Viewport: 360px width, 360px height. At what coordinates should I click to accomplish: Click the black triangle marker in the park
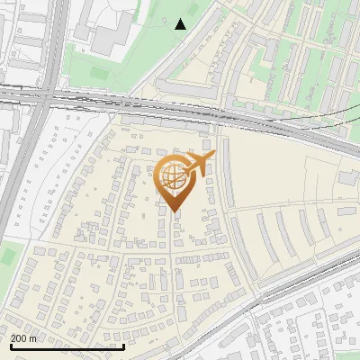point(181,24)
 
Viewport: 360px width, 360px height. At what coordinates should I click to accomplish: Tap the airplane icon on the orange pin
point(200,162)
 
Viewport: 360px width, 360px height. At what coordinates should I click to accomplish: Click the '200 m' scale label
point(24,338)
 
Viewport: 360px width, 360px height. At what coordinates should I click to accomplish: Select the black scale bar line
point(67,346)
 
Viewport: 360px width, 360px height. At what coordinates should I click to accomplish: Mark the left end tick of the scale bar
point(11,345)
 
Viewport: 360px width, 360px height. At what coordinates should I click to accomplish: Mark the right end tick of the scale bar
point(123,345)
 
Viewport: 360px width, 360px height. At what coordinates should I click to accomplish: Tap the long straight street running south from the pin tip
point(174,270)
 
